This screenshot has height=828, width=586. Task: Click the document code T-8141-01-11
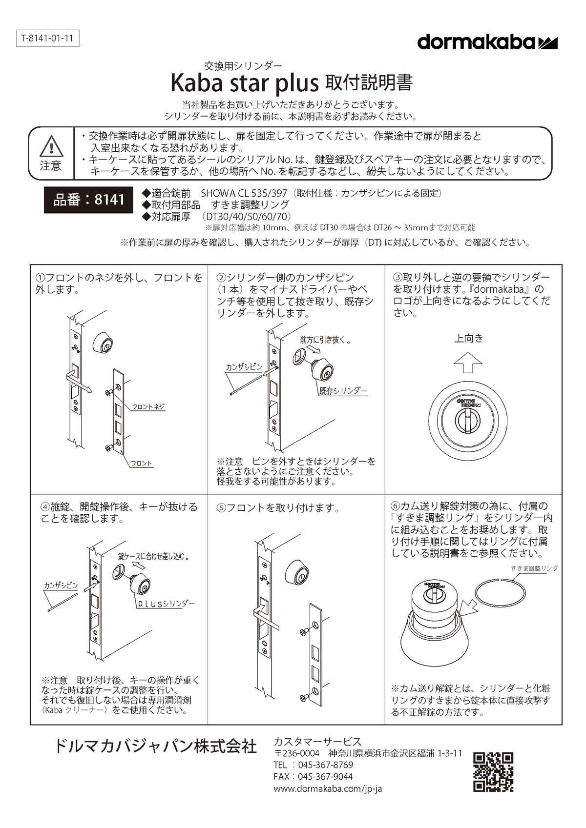coord(47,39)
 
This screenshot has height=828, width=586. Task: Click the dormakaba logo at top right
coord(487,42)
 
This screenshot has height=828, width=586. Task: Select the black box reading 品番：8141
coord(88,200)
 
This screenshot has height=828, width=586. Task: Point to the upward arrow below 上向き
coord(468,362)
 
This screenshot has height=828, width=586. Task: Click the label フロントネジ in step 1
coord(148,406)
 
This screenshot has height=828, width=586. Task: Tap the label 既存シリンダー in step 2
coord(343,391)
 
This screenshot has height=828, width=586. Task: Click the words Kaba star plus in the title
coord(245,83)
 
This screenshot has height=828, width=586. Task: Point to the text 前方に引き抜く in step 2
coord(323,340)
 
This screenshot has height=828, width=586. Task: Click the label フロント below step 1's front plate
coord(141,463)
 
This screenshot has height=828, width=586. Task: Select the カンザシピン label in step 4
coord(61,585)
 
